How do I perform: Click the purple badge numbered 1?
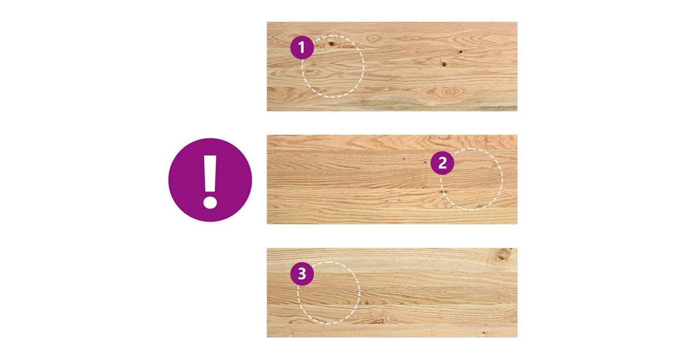click(x=302, y=47)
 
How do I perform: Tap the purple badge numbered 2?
click(x=442, y=163)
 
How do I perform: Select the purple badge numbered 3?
click(x=302, y=274)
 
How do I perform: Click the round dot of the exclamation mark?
click(x=210, y=202)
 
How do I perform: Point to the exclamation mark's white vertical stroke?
click(x=210, y=174)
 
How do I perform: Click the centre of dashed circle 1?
click(x=333, y=66)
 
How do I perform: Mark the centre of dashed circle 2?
click(x=472, y=179)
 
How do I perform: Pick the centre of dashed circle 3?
click(x=329, y=293)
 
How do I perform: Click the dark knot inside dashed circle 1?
click(x=332, y=44)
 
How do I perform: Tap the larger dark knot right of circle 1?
click(x=444, y=63)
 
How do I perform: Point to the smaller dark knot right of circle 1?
click(x=461, y=51)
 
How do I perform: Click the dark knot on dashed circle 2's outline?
click(x=443, y=192)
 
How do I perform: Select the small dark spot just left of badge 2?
click(x=425, y=162)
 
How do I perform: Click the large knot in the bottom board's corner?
click(x=502, y=255)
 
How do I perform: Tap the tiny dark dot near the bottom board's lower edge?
click(x=484, y=332)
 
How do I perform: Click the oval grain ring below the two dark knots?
click(x=445, y=91)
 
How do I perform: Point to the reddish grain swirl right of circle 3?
click(x=379, y=320)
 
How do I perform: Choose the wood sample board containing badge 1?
click(x=392, y=66)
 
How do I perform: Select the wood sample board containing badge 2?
click(x=392, y=179)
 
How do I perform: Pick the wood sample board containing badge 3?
click(x=392, y=293)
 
